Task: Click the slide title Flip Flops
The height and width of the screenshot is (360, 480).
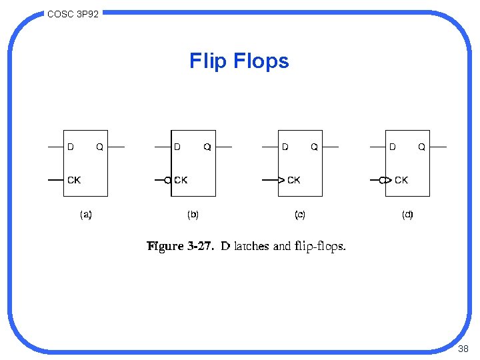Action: click(x=239, y=61)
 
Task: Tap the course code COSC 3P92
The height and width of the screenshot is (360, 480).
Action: click(x=73, y=13)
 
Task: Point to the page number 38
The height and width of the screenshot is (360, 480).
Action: click(x=464, y=349)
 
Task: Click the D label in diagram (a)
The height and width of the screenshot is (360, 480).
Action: click(x=71, y=147)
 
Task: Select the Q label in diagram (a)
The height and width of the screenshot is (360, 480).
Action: click(x=99, y=147)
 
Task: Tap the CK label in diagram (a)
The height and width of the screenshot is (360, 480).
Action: click(x=74, y=179)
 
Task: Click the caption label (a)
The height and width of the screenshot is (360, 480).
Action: click(x=86, y=215)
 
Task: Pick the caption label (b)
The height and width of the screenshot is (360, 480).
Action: click(x=193, y=215)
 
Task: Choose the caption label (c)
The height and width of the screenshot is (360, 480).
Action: click(x=300, y=215)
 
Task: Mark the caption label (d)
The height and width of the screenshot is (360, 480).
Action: click(x=407, y=215)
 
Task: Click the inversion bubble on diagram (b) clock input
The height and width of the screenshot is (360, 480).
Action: click(x=167, y=180)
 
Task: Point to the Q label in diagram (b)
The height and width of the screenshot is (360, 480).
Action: click(x=207, y=147)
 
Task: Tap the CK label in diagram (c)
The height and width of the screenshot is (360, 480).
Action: click(x=293, y=180)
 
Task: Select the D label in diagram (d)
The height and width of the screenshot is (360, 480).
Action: click(x=392, y=147)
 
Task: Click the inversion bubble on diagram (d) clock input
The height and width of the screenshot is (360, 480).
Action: click(x=382, y=180)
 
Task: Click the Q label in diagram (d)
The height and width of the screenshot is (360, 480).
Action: click(x=421, y=147)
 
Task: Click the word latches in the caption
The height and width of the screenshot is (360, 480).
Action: click(x=252, y=246)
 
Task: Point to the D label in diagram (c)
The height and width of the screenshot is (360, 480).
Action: click(x=285, y=147)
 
